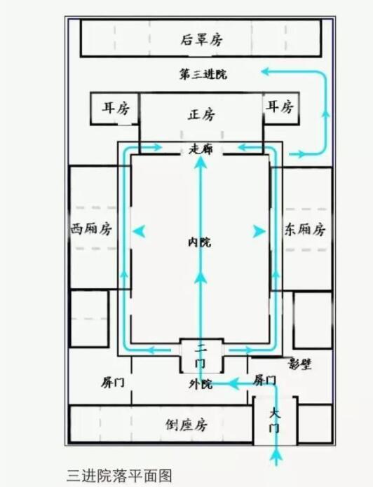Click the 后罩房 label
[201, 40]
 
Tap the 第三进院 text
[203, 74]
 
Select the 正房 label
[201, 114]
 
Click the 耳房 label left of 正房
[116, 108]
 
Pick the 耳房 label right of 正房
[280, 107]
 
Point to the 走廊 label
[201, 149]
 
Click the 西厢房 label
[91, 229]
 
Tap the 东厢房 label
[305, 230]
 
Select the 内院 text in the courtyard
[200, 242]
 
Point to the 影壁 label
[300, 364]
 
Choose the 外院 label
[201, 384]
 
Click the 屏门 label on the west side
[113, 383]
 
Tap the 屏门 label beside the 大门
[264, 380]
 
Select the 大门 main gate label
[275, 421]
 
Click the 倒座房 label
[186, 425]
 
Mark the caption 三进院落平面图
[119, 476]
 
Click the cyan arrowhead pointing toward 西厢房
[139, 231]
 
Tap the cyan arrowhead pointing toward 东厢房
[259, 231]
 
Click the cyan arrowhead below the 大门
[276, 456]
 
